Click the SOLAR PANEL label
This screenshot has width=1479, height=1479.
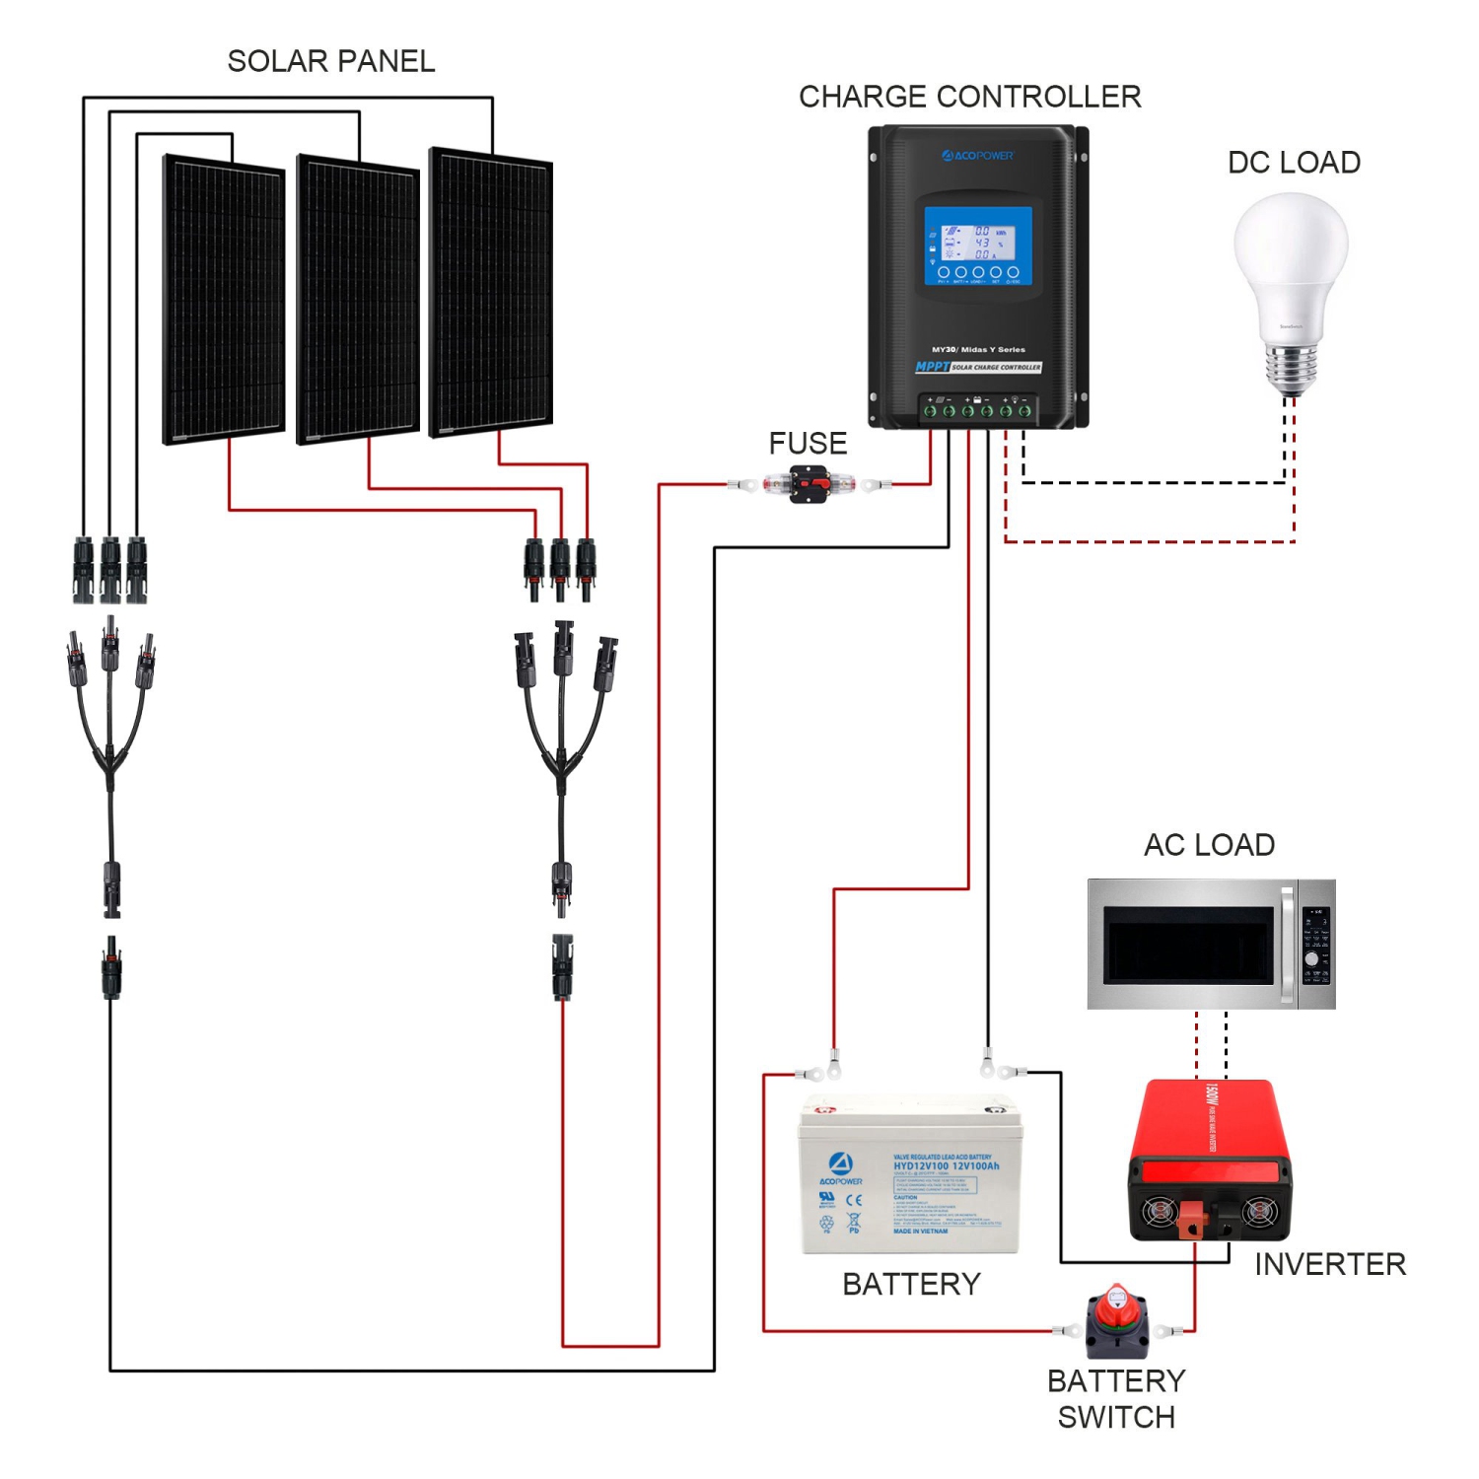pyautogui.click(x=330, y=61)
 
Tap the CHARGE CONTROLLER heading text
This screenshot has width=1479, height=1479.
pyautogui.click(x=969, y=97)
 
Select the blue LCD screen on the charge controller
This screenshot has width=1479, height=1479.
pyautogui.click(x=977, y=246)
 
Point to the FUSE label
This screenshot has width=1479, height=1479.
pyautogui.click(x=808, y=444)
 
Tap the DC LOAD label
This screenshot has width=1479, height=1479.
pyautogui.click(x=1294, y=163)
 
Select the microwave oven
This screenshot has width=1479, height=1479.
pyautogui.click(x=1211, y=944)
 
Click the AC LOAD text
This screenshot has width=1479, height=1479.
pyautogui.click(x=1209, y=845)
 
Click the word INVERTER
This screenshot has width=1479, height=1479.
pyautogui.click(x=1329, y=1264)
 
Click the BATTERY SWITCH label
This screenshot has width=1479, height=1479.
pyautogui.click(x=1116, y=1398)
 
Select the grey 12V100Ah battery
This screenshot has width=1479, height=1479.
pyautogui.click(x=910, y=1175)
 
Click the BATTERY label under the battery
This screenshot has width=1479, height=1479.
pyautogui.click(x=911, y=1284)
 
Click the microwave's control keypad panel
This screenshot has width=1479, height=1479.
pyautogui.click(x=1316, y=945)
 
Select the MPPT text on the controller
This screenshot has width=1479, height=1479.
pyautogui.click(x=932, y=367)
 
